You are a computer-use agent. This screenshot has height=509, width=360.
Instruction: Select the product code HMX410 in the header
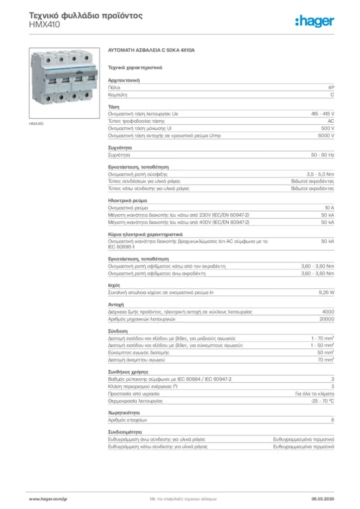[x=44, y=24]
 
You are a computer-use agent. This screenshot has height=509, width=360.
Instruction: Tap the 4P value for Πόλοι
[x=331, y=87]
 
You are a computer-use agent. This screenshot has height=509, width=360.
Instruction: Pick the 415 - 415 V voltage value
[x=323, y=114]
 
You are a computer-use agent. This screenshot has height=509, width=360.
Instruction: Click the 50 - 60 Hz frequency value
[x=323, y=155]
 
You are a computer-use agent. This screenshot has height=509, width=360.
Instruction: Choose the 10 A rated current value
[x=329, y=207]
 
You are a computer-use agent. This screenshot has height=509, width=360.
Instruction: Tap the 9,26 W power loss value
[x=326, y=292]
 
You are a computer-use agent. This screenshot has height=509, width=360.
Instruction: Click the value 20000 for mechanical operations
[x=327, y=319]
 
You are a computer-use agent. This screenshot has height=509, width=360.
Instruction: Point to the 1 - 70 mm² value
[x=322, y=338]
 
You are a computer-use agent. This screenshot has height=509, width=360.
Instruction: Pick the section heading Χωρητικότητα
[x=124, y=413]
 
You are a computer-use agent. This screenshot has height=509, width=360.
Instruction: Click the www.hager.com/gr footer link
[x=48, y=498]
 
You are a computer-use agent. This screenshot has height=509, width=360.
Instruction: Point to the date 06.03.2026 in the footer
[x=322, y=498]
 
